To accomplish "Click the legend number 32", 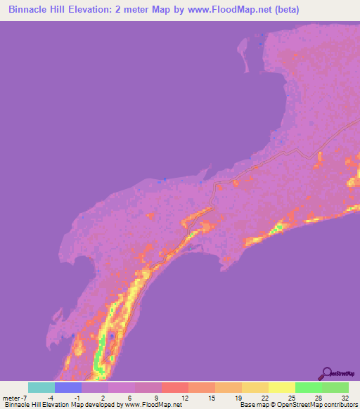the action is (345, 397).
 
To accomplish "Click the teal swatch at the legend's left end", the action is (41, 387).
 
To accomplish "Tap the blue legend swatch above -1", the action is (67, 387).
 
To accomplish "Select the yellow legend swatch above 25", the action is (281, 387).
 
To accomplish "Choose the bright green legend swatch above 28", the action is (308, 387).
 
